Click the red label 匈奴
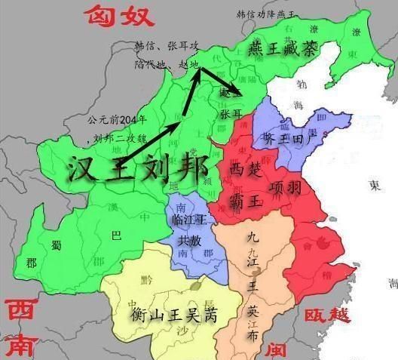click(120, 13)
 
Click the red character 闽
click(279, 348)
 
